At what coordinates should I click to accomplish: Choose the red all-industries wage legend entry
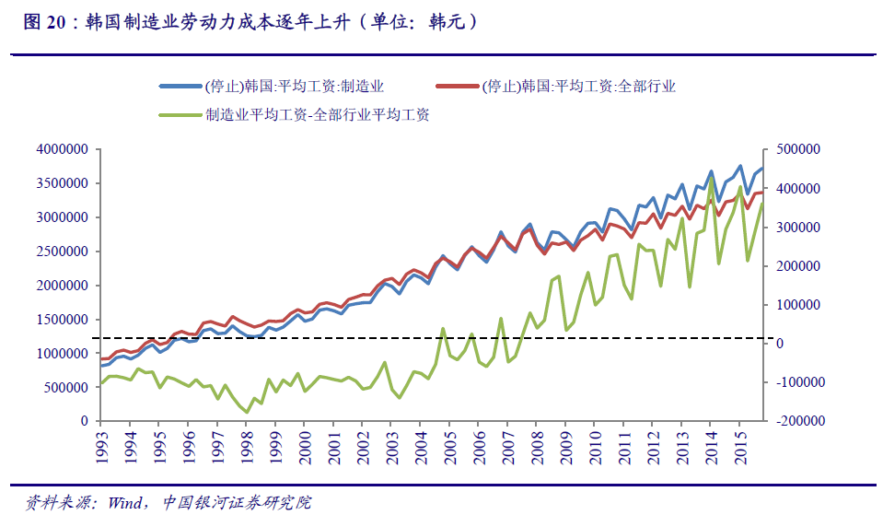coord(579,87)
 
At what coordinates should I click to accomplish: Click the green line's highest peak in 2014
coord(711,177)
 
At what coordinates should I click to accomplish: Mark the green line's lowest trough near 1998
coord(247,411)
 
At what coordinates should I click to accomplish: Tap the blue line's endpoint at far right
coord(761,169)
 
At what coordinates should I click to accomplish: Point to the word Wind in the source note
coord(123,502)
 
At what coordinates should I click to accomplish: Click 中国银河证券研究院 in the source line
coord(238,502)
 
